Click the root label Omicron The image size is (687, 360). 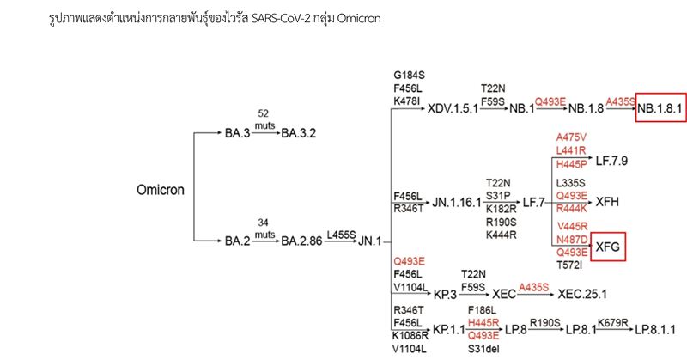click(161, 190)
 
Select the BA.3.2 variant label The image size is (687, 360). click(298, 133)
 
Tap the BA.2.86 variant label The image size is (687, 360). click(301, 241)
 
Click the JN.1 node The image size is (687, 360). click(370, 241)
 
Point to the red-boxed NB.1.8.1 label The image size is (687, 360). click(660, 108)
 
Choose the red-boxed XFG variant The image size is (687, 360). click(608, 247)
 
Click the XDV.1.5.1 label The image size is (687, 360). click(453, 108)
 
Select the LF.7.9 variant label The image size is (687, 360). click(611, 161)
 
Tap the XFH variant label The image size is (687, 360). click(607, 202)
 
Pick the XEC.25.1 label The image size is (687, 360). click(582, 294)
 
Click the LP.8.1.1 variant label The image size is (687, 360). click(655, 329)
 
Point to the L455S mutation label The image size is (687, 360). click(341, 235)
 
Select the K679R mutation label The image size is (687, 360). click(613, 323)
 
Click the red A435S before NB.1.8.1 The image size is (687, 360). click(620, 101)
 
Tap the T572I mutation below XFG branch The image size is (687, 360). click(569, 265)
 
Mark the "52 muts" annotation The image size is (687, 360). click(264, 119)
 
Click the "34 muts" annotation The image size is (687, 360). click(264, 229)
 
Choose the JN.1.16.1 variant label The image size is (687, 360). click(457, 203)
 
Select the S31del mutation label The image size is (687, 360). click(483, 349)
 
